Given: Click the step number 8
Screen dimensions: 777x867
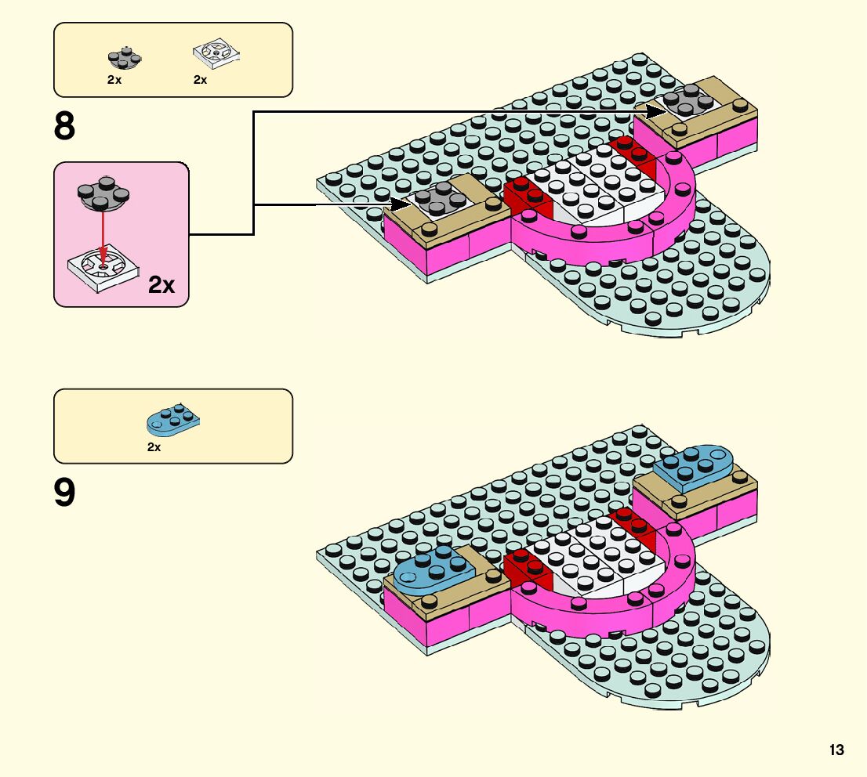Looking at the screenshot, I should click(x=64, y=126).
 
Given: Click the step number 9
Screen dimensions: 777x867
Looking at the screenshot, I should click(x=64, y=493).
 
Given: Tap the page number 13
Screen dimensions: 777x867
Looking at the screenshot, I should click(x=836, y=750).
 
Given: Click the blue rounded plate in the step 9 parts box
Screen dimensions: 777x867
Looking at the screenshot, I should click(x=172, y=419).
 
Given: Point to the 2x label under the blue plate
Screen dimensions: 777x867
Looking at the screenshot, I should click(x=154, y=447).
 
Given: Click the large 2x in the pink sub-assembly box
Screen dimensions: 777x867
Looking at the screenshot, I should click(x=161, y=284).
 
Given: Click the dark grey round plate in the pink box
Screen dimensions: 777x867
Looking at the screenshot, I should click(x=101, y=197).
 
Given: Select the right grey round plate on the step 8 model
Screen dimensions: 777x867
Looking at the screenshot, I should click(x=687, y=99).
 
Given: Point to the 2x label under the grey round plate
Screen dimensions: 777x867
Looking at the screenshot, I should click(x=114, y=80).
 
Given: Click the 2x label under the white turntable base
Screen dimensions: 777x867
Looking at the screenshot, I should click(x=200, y=80).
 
